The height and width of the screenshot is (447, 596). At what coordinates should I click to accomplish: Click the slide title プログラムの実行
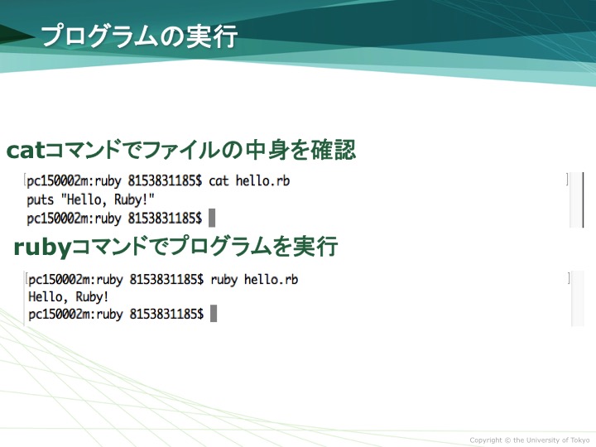[139, 37]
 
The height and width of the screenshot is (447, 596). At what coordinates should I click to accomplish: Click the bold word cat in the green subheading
[26, 151]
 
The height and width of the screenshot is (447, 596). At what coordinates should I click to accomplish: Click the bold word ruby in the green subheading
[42, 248]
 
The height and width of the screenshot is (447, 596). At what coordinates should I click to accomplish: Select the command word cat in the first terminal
[219, 181]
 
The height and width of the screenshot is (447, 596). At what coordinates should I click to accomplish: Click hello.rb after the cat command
[262, 180]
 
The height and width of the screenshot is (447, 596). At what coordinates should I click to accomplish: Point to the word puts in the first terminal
[41, 200]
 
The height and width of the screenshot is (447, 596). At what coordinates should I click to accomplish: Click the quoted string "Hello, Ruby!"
[108, 199]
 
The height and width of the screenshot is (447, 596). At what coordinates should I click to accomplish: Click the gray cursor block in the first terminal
[212, 218]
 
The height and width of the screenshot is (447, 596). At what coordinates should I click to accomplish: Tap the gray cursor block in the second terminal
[214, 314]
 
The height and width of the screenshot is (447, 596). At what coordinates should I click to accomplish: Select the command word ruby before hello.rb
[223, 280]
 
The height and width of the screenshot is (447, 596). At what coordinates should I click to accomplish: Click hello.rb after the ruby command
[271, 280]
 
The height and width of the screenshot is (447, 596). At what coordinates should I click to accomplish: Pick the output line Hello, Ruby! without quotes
[69, 297]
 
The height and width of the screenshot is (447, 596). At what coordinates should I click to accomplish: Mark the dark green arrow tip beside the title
[35, 36]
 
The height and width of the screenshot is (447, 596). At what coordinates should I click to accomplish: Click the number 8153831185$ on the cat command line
[165, 180]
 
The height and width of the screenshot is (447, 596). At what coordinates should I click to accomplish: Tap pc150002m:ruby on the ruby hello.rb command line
[75, 280]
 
